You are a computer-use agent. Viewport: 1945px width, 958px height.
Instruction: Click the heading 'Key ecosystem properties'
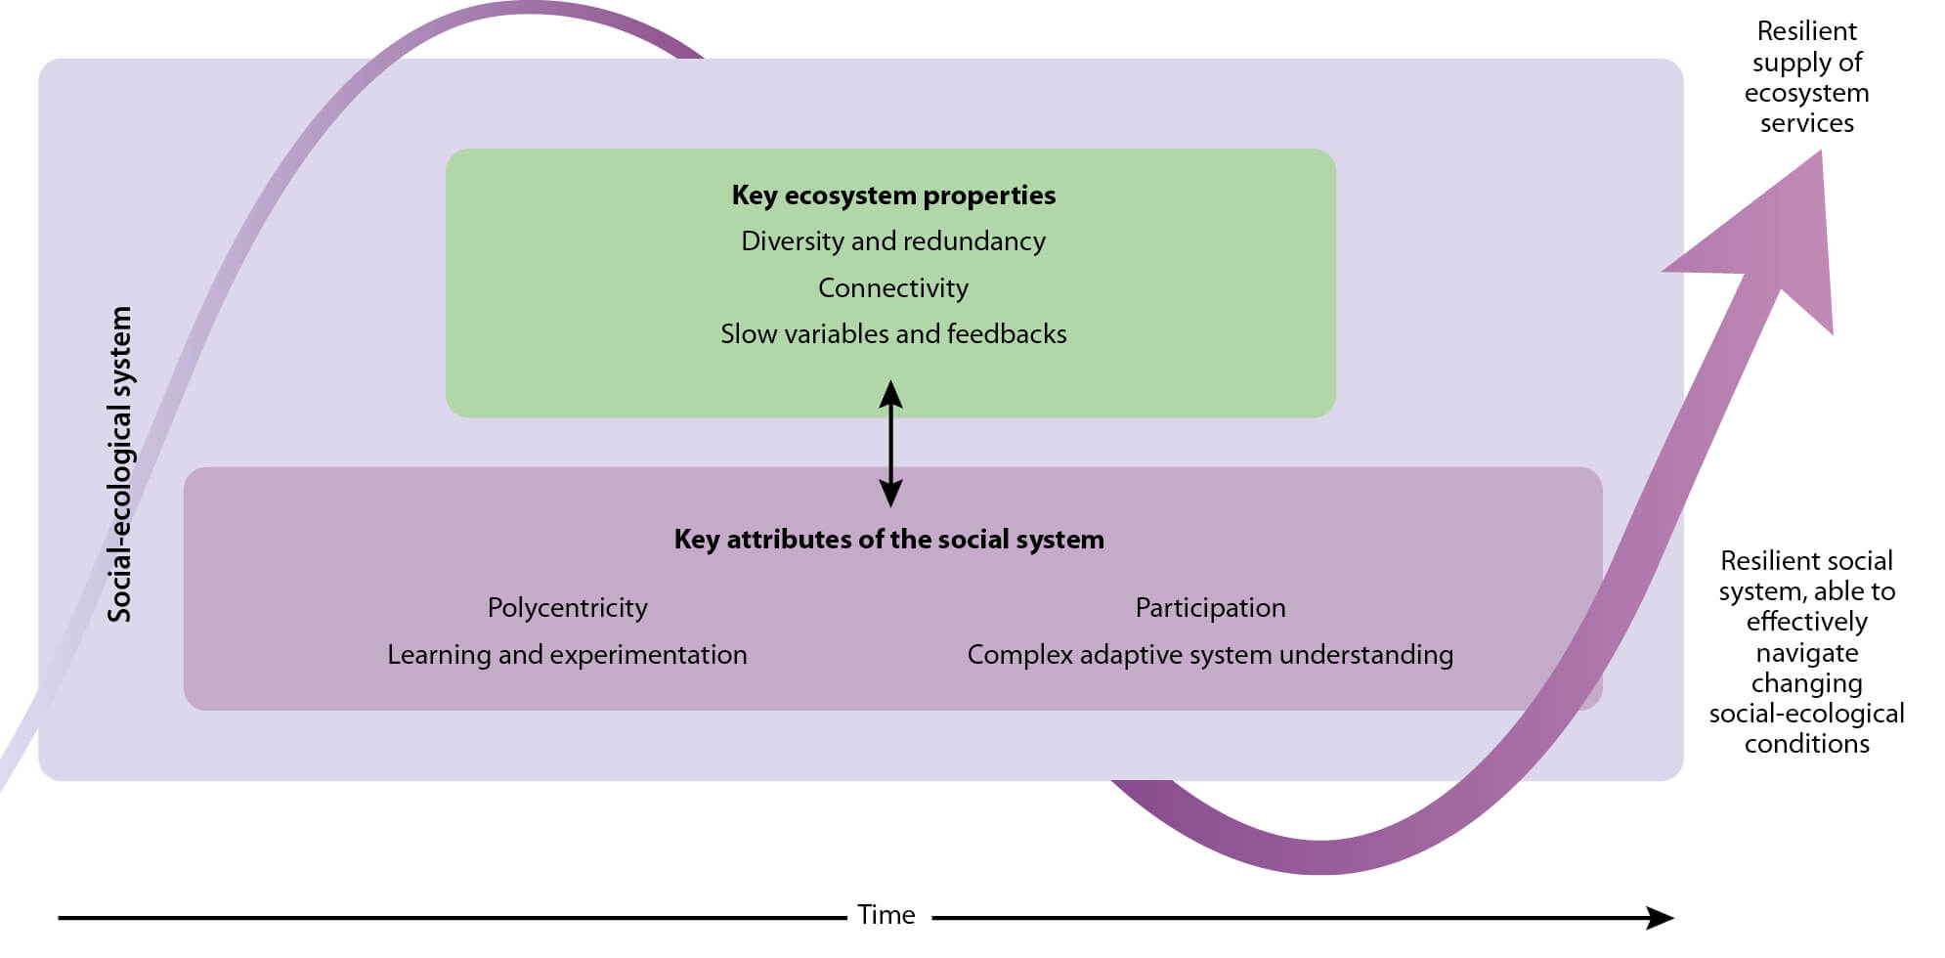tap(893, 196)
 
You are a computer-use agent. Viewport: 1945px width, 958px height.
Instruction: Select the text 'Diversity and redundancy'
tap(893, 241)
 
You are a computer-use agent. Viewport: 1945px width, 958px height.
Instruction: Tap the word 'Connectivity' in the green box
tap(893, 288)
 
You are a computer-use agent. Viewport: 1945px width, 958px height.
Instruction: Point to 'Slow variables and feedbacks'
tap(893, 334)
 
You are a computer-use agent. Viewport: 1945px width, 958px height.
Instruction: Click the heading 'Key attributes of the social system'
tap(888, 540)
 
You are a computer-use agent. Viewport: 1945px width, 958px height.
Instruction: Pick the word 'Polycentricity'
tap(567, 608)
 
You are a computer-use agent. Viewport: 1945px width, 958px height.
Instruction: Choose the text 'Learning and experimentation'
tap(567, 655)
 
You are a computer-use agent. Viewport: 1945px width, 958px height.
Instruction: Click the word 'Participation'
tap(1210, 608)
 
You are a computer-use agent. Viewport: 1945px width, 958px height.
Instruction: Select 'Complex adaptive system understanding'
tap(1210, 655)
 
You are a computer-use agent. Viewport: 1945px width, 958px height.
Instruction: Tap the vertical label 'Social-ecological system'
tap(119, 464)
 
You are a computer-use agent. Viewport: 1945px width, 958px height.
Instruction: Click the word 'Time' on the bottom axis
tap(886, 915)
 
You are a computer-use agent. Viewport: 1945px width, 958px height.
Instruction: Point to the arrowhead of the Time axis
tap(1662, 918)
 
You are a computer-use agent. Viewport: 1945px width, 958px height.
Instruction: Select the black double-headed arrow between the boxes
tap(890, 444)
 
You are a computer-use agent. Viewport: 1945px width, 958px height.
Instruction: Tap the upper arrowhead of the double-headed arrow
tap(890, 393)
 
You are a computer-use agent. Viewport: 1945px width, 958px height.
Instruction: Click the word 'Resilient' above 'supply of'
tap(1806, 31)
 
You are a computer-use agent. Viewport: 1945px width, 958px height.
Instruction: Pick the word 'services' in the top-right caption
tap(1806, 123)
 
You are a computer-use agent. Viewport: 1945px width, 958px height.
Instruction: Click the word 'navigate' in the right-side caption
tap(1806, 653)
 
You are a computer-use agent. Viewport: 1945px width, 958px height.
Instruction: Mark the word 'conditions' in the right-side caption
tap(1806, 744)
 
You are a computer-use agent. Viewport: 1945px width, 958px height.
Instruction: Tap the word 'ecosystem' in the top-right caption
tap(1806, 93)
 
